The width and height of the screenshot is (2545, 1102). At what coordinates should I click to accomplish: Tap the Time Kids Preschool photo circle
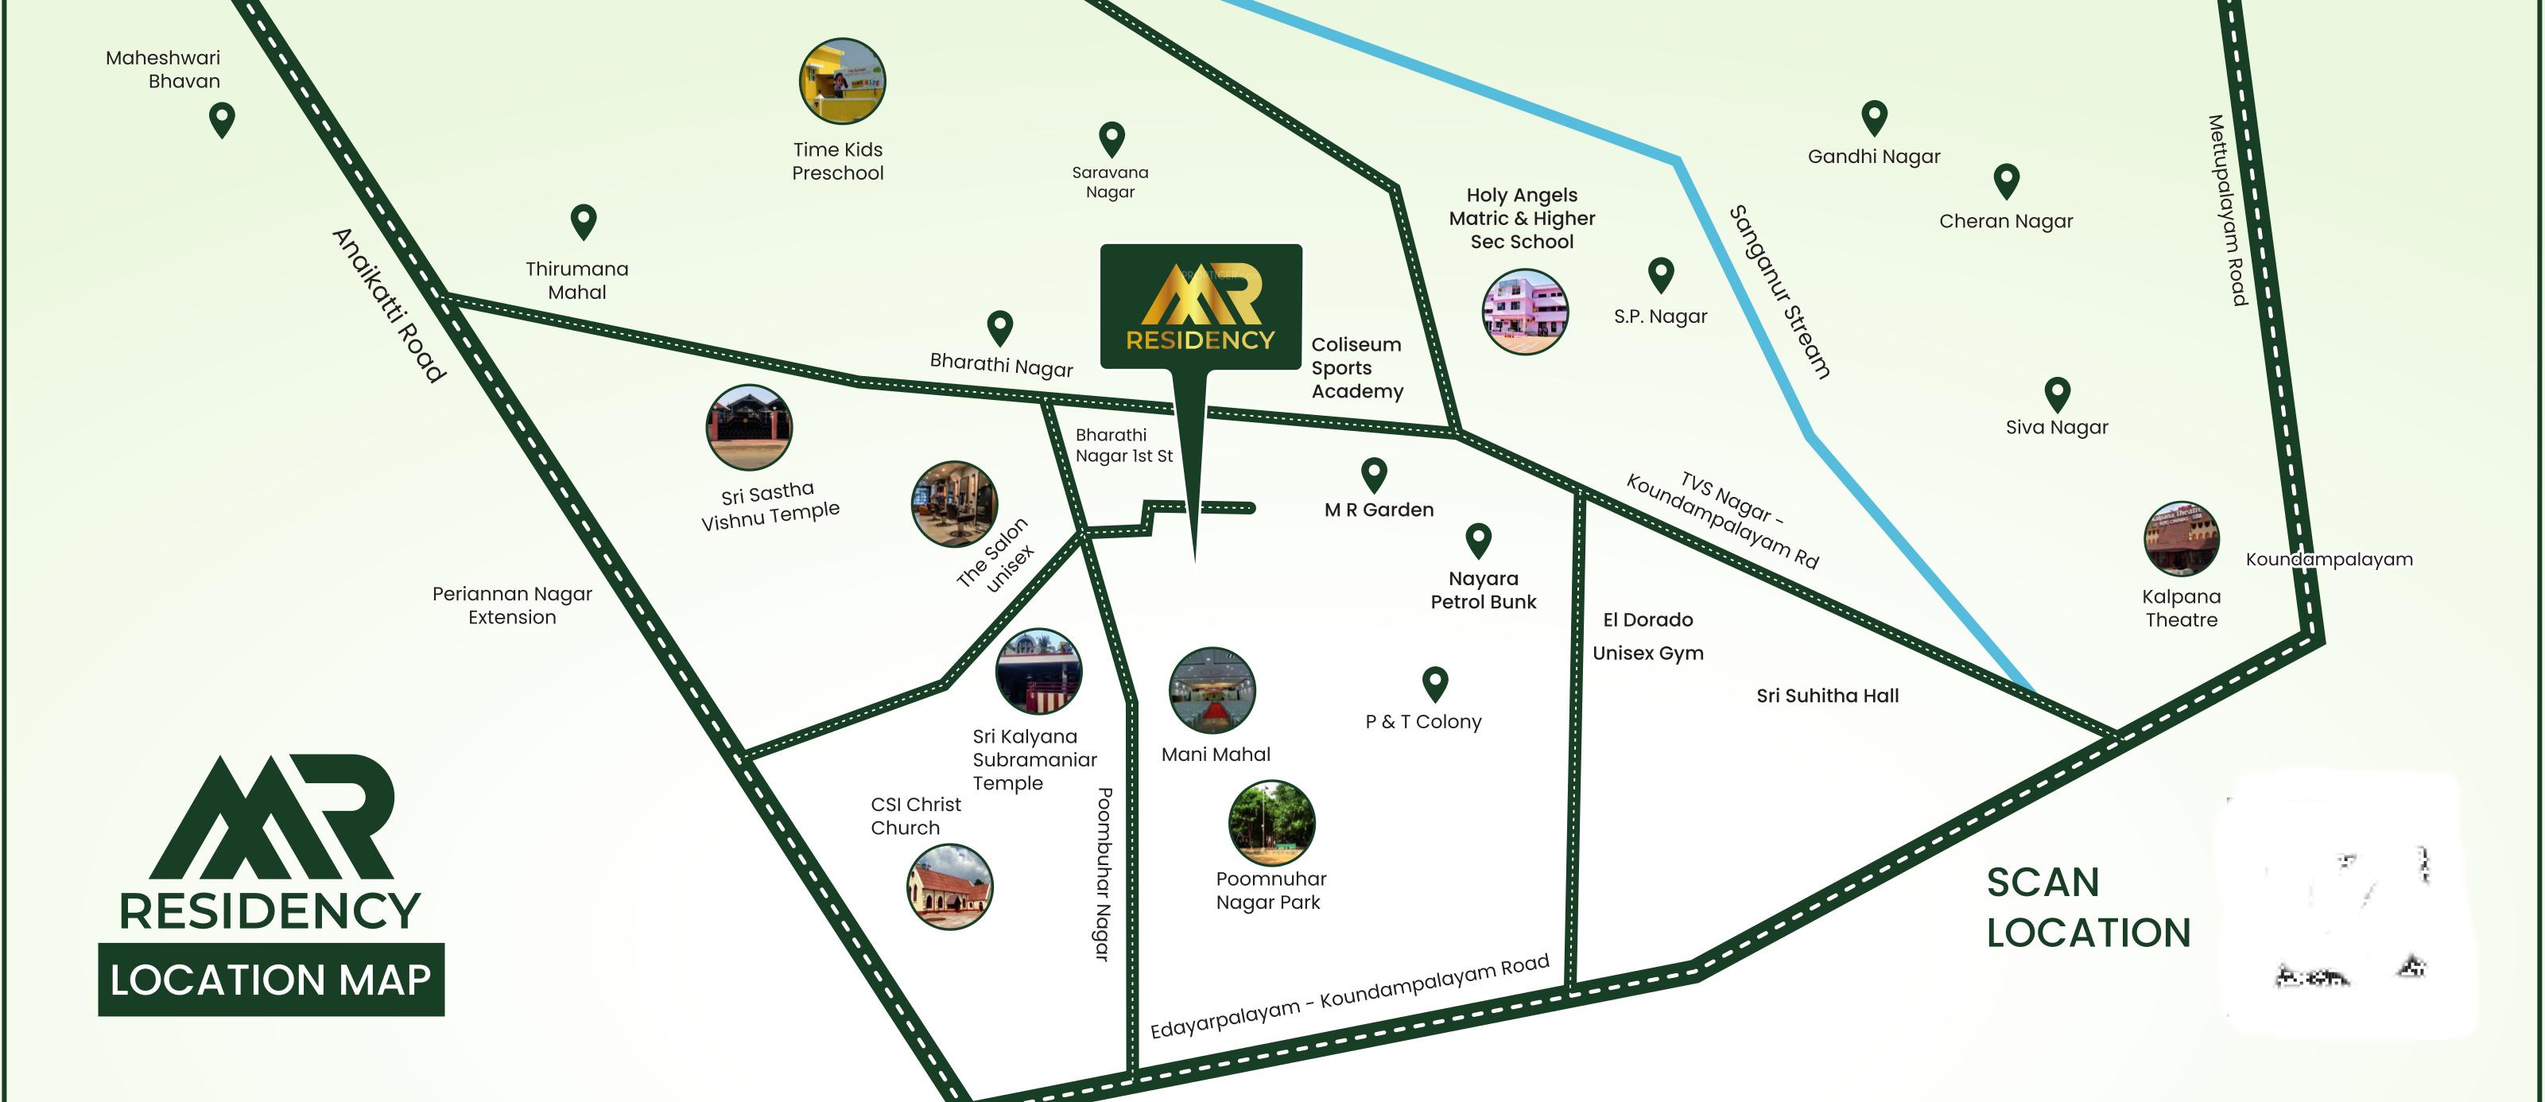[842, 81]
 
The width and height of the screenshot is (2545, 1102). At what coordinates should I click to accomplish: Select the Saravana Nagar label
[1111, 182]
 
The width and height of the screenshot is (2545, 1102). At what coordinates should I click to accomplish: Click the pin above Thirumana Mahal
[584, 220]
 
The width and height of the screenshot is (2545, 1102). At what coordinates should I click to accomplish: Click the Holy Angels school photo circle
[1524, 312]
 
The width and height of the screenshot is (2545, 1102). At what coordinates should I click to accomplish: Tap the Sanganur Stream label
[1779, 292]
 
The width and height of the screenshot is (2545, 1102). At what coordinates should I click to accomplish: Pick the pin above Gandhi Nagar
[1874, 118]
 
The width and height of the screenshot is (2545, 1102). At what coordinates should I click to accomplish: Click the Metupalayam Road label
[2228, 211]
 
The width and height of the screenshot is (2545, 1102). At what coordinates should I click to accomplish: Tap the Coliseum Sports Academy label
[1356, 367]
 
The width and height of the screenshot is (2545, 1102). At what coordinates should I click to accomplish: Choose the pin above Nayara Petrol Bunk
[1478, 540]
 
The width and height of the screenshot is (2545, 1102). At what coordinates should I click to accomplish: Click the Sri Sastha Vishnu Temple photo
[749, 428]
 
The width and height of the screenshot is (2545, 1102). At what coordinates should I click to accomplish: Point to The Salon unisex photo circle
[953, 504]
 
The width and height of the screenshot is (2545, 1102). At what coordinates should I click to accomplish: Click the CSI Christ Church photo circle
[949, 887]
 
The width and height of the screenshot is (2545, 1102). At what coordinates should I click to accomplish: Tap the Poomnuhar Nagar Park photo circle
[1271, 822]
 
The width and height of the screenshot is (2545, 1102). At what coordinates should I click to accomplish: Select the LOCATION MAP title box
[270, 980]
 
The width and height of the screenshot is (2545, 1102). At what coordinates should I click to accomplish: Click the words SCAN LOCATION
[2088, 907]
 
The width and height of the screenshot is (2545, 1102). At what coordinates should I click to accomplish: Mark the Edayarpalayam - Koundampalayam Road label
[1349, 997]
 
